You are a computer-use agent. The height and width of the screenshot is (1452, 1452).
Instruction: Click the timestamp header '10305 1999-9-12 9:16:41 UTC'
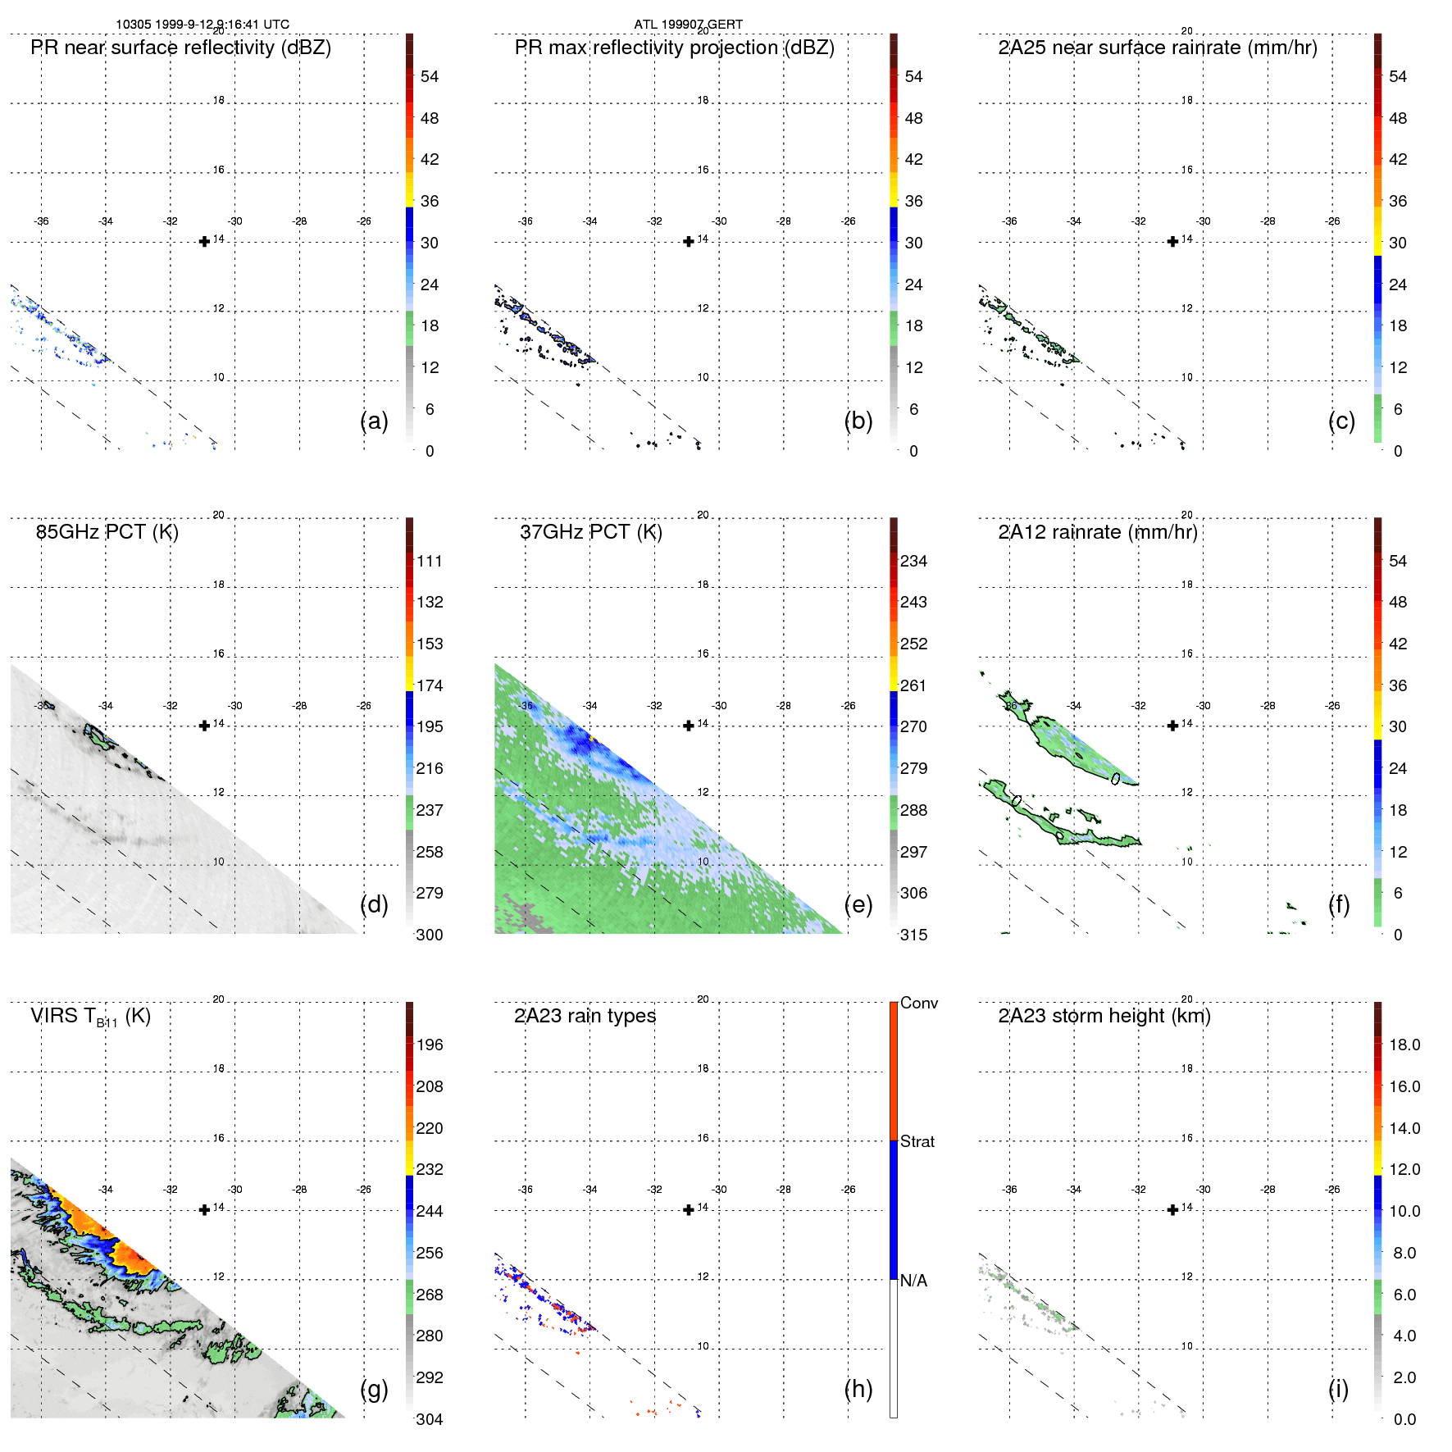click(202, 25)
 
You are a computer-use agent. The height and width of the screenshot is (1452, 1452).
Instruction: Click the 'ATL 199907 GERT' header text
click(688, 25)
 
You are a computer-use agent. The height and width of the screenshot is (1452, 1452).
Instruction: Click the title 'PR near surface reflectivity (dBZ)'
click(180, 48)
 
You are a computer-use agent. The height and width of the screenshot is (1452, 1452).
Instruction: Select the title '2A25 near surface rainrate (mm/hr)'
click(1157, 48)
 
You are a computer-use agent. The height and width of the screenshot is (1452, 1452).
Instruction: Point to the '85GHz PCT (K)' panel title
click(107, 532)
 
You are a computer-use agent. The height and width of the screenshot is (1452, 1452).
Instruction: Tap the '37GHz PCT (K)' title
click(590, 532)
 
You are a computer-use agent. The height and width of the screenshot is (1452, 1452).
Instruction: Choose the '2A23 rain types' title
click(585, 1016)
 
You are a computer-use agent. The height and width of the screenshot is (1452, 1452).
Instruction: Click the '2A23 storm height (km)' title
click(1104, 1016)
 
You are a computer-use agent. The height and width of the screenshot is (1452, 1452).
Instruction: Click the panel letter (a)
click(374, 421)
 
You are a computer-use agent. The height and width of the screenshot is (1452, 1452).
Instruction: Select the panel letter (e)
click(858, 904)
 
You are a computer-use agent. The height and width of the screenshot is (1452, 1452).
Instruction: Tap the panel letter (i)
click(1338, 1389)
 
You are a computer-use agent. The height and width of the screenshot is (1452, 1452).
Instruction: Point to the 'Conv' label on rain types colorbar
click(918, 1003)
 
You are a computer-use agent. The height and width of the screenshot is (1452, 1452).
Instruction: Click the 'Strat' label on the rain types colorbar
click(917, 1141)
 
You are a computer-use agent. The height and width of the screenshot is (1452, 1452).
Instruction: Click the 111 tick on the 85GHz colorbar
click(429, 561)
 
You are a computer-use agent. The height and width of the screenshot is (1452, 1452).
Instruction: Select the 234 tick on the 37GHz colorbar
click(913, 561)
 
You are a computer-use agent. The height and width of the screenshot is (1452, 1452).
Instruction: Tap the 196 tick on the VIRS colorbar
click(429, 1045)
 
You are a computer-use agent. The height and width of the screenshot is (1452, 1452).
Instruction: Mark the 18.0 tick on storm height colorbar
click(1404, 1045)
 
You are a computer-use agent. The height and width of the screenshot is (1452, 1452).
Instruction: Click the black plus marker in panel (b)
click(689, 241)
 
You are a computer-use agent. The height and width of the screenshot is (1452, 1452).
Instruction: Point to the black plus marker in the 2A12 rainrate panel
click(1172, 726)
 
